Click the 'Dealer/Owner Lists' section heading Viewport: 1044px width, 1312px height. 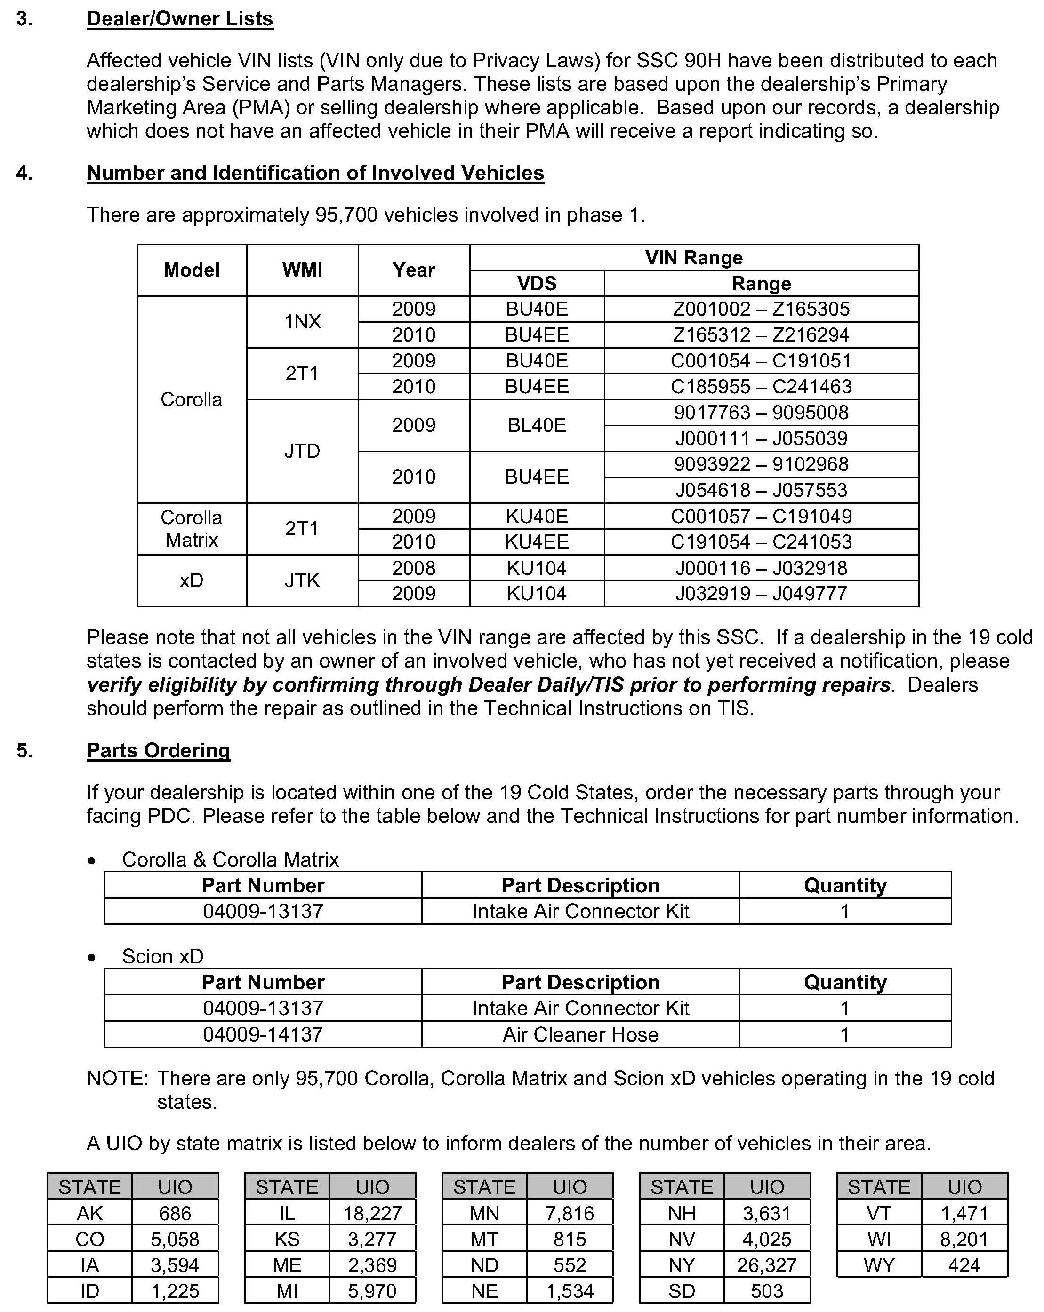pos(180,19)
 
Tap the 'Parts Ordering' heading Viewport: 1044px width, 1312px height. pos(158,750)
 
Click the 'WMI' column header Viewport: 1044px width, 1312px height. pos(302,270)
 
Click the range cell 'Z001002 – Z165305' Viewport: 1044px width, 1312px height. pos(761,309)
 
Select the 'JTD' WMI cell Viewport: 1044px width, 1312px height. pos(302,451)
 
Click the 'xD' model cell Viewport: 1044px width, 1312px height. pos(191,580)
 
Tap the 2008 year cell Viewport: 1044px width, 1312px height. pos(413,568)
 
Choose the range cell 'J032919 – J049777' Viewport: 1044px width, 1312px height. pos(761,593)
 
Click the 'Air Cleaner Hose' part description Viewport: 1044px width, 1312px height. pos(580,1034)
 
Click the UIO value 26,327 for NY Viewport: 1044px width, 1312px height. pos(766,1265)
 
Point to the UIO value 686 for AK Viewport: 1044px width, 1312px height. pos(175,1213)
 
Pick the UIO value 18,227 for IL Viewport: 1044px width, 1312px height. pos(372,1213)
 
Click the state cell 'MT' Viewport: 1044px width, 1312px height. pos(484,1239)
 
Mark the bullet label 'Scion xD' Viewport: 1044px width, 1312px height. pos(162,957)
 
